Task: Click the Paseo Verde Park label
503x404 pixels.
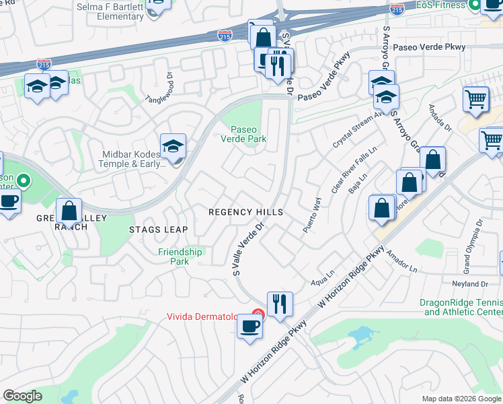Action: click(x=249, y=134)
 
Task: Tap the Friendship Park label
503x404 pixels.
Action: click(x=180, y=257)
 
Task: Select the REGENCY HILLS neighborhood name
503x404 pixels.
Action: click(x=245, y=211)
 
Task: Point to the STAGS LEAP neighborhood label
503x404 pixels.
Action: click(x=159, y=230)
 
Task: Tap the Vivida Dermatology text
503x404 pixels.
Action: click(x=208, y=316)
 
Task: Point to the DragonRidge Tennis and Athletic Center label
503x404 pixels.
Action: click(x=461, y=308)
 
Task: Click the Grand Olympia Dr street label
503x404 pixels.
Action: click(x=473, y=245)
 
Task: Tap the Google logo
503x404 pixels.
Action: click(x=23, y=396)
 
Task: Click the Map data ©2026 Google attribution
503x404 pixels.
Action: click(x=461, y=399)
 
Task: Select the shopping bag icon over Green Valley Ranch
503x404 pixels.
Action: click(x=69, y=211)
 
